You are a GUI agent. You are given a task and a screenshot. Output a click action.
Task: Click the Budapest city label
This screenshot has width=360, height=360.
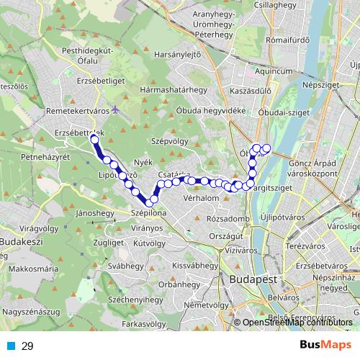coord(249,279)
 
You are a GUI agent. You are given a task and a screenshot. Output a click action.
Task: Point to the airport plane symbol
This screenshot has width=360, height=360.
coord(116,111)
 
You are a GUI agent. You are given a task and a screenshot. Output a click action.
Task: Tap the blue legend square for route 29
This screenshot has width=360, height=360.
coord(11,346)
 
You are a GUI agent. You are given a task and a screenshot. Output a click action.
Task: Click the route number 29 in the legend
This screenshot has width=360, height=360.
coord(27,346)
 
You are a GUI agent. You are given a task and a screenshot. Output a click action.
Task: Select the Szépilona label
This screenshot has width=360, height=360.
coord(149,214)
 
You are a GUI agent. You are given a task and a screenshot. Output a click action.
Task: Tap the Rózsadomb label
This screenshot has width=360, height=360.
coord(228,219)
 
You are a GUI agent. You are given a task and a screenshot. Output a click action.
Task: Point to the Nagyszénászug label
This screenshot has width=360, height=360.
coord(32,312)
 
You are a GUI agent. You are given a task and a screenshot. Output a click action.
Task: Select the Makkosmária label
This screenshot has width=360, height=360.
coord(34,269)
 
